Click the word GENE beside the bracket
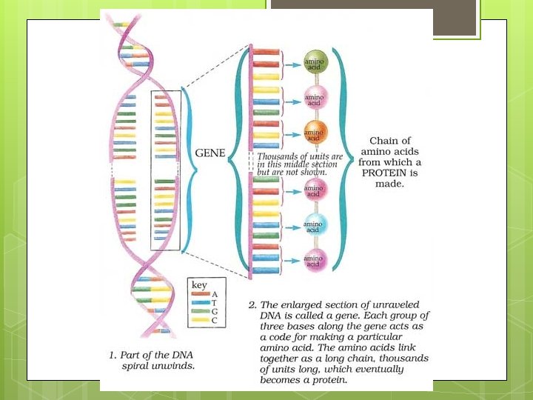coord(209,153)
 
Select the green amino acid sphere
coord(313,63)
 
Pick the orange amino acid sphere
coord(313,131)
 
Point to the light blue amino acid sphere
coord(313,224)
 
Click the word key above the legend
coord(199,284)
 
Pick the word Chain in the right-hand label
coord(383,140)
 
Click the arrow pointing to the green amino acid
coord(292,63)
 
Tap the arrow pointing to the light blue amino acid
coord(292,224)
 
